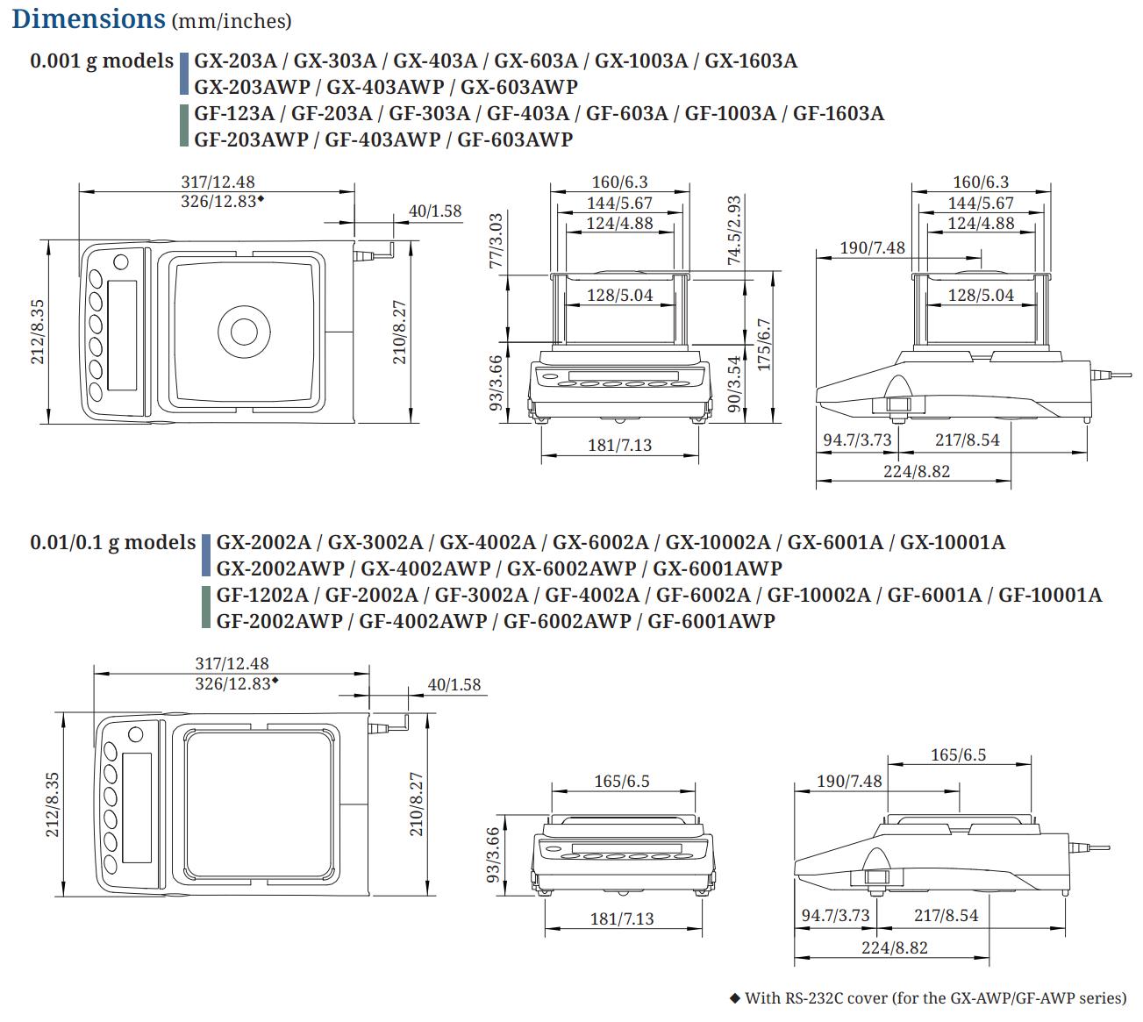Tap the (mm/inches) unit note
(232, 21)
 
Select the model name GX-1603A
(751, 61)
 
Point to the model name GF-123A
(234, 113)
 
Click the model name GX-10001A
(953, 542)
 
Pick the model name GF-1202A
(262, 595)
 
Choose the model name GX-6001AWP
(718, 568)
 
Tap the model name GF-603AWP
(515, 139)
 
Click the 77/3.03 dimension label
(496, 240)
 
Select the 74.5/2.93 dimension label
(735, 230)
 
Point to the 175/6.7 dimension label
(764, 345)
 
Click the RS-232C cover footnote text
(935, 997)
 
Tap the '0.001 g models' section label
(102, 61)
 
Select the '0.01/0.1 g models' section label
(113, 542)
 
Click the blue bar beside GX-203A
(184, 74)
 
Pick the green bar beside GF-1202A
(207, 608)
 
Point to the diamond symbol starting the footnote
(735, 997)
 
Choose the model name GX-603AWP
(519, 87)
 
